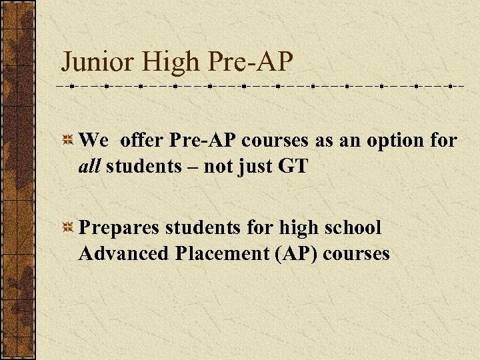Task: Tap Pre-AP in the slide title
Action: (x=250, y=62)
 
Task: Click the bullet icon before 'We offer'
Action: (x=68, y=141)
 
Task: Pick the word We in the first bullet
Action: (x=93, y=141)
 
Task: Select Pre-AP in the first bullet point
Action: (x=203, y=141)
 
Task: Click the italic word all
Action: (x=89, y=166)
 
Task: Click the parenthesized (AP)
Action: (x=289, y=254)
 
